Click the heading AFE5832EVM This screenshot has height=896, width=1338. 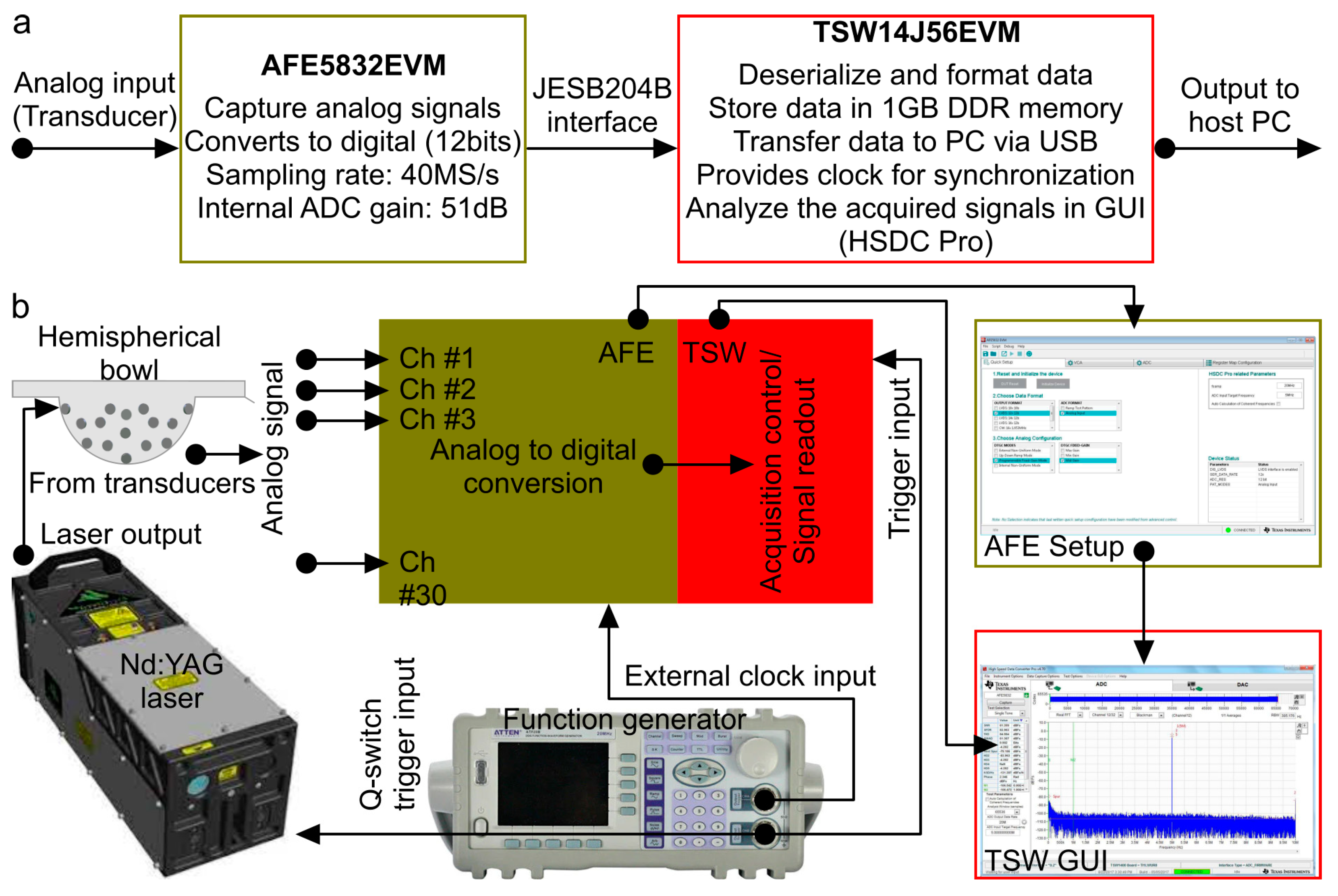click(353, 65)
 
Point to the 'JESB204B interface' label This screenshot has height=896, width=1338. click(602, 105)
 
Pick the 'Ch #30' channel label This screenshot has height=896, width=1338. click(422, 578)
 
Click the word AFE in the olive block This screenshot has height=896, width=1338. click(626, 353)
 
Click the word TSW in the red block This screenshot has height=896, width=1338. click(714, 353)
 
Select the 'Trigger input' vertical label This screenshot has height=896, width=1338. click(899, 457)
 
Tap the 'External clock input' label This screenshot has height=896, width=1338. click(750, 676)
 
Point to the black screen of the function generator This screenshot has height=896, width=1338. click(552, 783)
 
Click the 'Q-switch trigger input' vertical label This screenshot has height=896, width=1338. click(388, 734)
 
